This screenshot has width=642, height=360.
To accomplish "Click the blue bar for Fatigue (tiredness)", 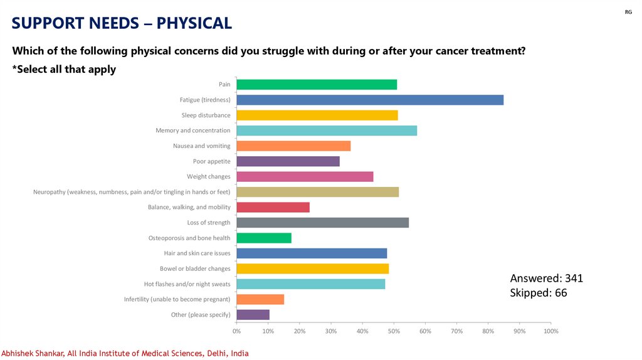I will [x=370, y=100].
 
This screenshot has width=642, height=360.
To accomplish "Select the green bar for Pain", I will [x=317, y=85].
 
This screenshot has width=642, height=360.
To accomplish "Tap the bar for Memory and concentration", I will [x=327, y=130].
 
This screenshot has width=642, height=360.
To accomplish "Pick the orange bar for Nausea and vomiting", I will [x=293, y=146].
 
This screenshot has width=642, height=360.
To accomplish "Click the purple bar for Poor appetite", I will [x=288, y=161].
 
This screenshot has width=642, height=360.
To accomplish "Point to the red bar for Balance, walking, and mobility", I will [x=273, y=208].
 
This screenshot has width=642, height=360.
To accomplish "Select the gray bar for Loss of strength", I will [x=322, y=223].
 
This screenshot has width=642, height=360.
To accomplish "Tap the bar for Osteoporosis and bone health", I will [x=264, y=238].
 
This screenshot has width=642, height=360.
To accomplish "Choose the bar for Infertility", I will [x=260, y=300].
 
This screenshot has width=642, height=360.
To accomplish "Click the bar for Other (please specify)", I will [x=253, y=315].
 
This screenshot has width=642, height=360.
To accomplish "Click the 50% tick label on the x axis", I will [x=394, y=331].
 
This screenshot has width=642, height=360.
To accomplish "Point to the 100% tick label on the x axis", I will [x=550, y=331].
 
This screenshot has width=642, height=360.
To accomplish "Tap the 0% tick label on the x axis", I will [x=236, y=331].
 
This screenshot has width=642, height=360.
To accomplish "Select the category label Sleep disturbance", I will [x=206, y=115].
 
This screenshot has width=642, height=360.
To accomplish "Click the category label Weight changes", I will [x=208, y=177].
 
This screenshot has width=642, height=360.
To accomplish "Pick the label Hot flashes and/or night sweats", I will [x=187, y=284].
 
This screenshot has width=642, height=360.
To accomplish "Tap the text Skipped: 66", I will [x=539, y=292].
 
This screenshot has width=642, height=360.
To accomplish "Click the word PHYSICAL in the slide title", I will [x=194, y=23].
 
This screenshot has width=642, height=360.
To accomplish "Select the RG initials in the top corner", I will [x=628, y=13].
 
